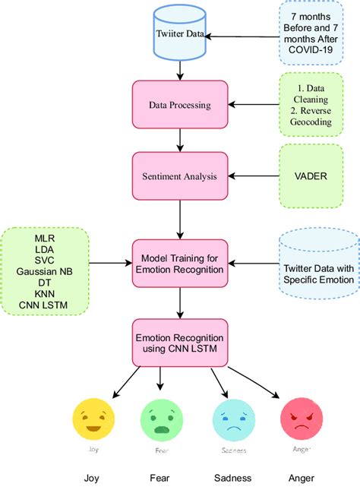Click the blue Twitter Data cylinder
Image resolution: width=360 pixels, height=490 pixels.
[x=179, y=34]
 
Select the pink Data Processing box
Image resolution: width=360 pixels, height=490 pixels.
[x=179, y=105]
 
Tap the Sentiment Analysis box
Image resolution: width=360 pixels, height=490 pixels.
[x=179, y=176]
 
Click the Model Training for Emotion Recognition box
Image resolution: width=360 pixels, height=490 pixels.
[x=179, y=263]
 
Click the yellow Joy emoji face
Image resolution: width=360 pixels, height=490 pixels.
[x=93, y=420]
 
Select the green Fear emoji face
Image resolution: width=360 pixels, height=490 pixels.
[x=162, y=420]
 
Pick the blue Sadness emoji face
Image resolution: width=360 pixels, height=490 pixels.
[x=232, y=420]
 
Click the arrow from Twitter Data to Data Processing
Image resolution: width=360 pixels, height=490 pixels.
[x=179, y=70]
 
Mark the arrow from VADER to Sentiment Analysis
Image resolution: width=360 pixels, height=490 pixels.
[x=253, y=176]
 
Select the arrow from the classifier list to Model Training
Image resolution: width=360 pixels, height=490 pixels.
[x=110, y=263]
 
